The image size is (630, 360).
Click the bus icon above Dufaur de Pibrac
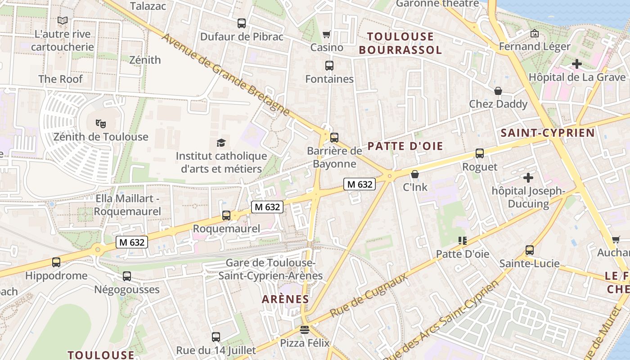(x=242, y=23)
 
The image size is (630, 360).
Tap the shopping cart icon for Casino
(x=327, y=35)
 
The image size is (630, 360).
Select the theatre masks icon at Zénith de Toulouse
(x=101, y=123)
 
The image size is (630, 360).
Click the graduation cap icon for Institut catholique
(x=221, y=143)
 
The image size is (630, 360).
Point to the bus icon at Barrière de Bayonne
(x=334, y=138)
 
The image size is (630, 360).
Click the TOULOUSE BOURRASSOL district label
(x=400, y=43)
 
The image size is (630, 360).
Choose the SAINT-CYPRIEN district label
(x=548, y=133)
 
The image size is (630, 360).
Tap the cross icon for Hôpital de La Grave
(x=577, y=64)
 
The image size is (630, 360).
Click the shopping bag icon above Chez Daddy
(x=498, y=91)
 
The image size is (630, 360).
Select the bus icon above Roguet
(x=480, y=153)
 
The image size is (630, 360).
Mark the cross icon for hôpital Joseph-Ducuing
(x=528, y=178)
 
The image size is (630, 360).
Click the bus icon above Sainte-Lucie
(x=530, y=250)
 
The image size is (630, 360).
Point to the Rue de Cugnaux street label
(x=369, y=295)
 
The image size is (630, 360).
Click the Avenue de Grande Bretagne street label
(x=225, y=74)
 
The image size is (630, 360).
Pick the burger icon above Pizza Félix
(x=305, y=330)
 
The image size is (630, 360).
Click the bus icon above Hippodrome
(x=56, y=262)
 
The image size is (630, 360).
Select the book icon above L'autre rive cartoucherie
(x=63, y=21)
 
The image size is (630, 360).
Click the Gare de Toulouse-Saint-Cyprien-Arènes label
(x=270, y=269)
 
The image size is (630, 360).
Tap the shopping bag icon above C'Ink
(x=415, y=174)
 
